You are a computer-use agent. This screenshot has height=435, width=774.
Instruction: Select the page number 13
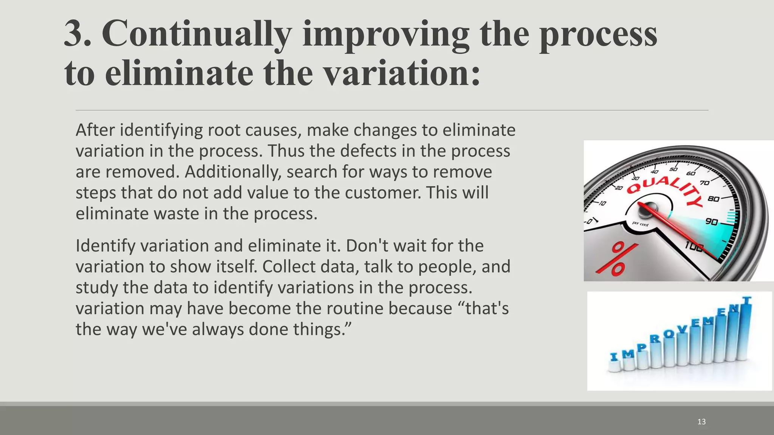(701, 422)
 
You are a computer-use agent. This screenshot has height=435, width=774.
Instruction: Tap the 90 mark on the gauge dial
(711, 221)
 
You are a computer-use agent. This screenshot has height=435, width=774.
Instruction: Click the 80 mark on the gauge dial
(713, 199)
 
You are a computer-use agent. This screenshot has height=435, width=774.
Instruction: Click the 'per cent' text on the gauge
(640, 224)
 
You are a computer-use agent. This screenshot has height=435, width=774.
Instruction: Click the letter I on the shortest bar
(614, 356)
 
